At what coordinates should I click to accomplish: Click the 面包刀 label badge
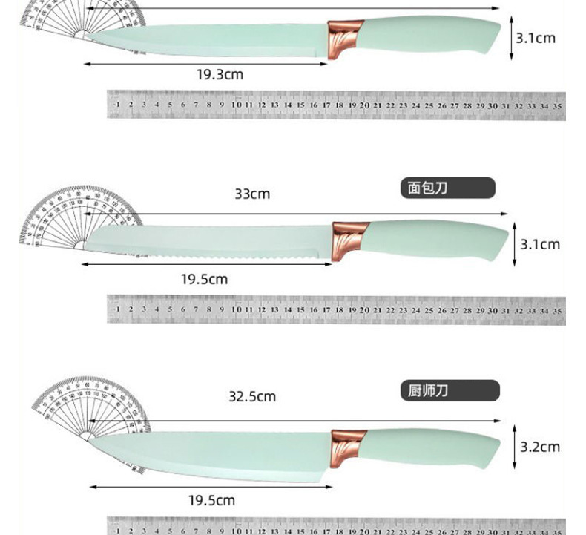448,188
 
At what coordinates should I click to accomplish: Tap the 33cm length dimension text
252,194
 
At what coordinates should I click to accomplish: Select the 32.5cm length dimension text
251,397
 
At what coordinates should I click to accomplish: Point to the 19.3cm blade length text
220,75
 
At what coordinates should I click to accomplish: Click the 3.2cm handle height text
539,447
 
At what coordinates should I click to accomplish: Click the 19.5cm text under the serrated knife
205,280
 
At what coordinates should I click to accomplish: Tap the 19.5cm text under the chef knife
211,500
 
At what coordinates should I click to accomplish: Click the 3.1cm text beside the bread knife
539,244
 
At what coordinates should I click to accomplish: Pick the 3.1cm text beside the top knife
535,38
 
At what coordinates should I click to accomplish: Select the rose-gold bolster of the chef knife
348,447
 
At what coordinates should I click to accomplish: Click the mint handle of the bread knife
438,239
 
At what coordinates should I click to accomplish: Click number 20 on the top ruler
364,105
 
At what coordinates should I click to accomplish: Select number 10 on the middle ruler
236,309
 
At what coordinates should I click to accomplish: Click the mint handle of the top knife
430,36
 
